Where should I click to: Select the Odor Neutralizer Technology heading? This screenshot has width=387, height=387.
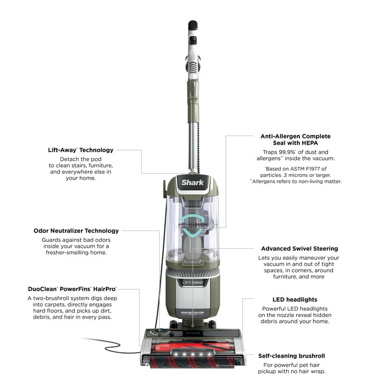[x=76, y=231]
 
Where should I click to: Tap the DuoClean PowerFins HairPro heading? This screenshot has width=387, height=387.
[x=72, y=289]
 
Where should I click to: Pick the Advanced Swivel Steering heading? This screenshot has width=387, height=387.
[x=299, y=248]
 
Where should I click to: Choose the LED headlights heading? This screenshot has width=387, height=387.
[x=295, y=299]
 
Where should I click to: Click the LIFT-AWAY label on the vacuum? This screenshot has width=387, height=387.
[x=192, y=283]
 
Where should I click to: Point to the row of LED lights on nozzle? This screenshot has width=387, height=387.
[x=192, y=355]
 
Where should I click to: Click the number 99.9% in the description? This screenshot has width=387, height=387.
[x=283, y=152]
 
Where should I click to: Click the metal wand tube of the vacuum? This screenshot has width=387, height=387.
[x=192, y=141]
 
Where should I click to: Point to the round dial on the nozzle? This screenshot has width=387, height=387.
[x=163, y=331]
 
